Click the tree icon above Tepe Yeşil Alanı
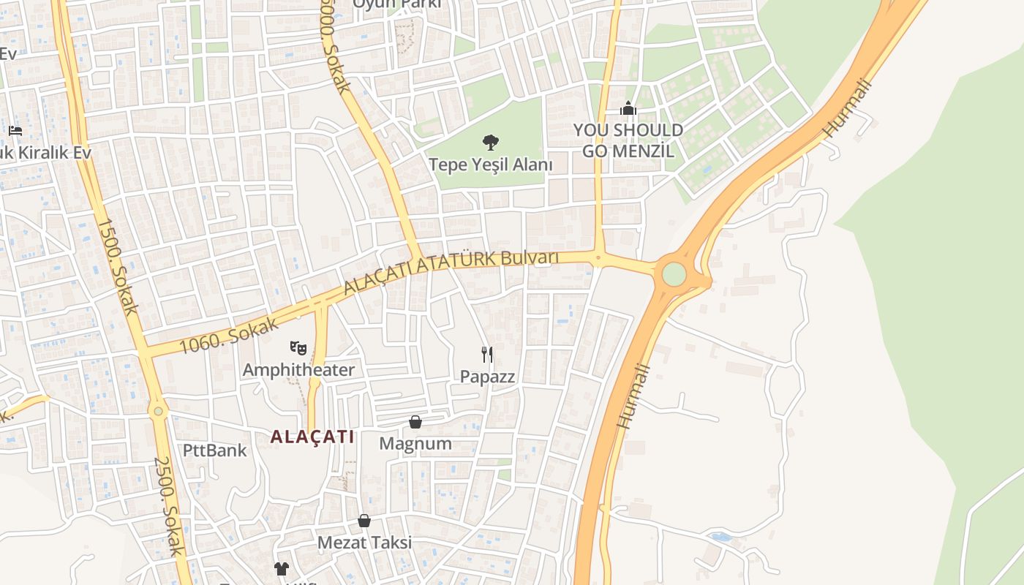[x=490, y=142]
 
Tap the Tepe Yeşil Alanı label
[x=490, y=165]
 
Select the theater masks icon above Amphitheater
[x=298, y=347]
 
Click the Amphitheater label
[x=298, y=370]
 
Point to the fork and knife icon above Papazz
[x=487, y=355]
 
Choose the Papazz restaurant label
[x=487, y=377]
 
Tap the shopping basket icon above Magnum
[x=415, y=422]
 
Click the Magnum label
[x=415, y=444]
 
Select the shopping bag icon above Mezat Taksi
[x=364, y=521]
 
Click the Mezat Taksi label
[x=364, y=543]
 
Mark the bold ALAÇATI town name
[x=312, y=437]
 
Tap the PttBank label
[x=215, y=450]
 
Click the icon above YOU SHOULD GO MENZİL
[x=628, y=109]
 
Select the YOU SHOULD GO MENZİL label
[x=628, y=140]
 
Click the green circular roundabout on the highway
[x=674, y=274]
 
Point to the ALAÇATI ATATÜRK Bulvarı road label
[x=451, y=272]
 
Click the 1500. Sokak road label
[x=118, y=266]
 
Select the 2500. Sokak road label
[x=168, y=506]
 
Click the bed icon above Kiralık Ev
[x=15, y=131]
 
